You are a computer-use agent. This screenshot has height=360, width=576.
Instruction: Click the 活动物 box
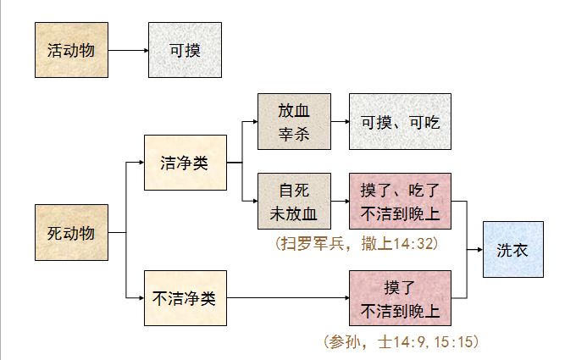tap(71, 51)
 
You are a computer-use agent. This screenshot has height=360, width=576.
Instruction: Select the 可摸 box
tap(185, 51)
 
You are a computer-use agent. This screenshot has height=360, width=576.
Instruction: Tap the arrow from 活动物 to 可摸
tap(128, 51)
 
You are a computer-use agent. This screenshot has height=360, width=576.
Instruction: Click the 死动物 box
tap(71, 232)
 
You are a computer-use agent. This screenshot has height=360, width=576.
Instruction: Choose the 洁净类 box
tap(185, 163)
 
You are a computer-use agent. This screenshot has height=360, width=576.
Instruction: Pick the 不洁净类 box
tap(185, 298)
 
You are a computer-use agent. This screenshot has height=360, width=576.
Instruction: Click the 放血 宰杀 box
tap(294, 121)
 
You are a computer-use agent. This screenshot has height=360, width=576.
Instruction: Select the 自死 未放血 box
tap(294, 202)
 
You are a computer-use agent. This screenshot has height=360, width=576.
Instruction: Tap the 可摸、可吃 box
tap(400, 121)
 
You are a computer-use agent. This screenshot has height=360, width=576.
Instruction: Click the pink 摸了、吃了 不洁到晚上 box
tap(400, 202)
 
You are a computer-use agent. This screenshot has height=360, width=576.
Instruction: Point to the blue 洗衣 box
tap(513, 250)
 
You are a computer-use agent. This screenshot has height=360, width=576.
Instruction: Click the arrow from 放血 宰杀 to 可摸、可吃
tap(339, 121)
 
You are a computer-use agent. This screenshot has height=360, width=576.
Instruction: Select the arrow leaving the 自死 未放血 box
tap(339, 202)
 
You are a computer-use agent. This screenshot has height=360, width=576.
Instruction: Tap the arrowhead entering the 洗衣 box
tap(479, 250)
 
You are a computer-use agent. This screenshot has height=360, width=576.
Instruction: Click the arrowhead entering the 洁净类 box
tap(139, 163)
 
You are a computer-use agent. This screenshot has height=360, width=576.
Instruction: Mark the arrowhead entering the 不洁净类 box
tap(139, 298)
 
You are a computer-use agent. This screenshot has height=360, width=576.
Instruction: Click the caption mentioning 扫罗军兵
tap(355, 243)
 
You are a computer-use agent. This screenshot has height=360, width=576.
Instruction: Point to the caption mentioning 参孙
tap(402, 342)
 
